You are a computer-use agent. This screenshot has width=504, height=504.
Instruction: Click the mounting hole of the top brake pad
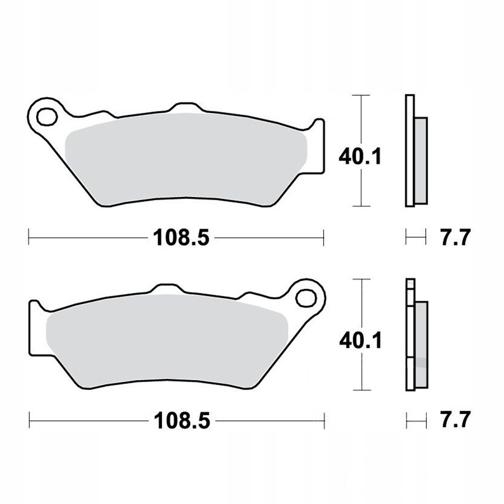(x=47, y=116)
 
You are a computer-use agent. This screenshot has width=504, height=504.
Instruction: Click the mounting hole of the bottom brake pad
(x=306, y=298)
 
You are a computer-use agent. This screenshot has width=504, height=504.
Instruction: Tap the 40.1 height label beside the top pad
(x=360, y=157)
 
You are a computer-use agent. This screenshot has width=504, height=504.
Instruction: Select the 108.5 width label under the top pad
(x=181, y=238)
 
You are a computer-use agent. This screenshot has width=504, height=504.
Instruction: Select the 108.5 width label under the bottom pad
(x=182, y=421)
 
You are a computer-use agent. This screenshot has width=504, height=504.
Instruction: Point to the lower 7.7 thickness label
(x=456, y=419)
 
